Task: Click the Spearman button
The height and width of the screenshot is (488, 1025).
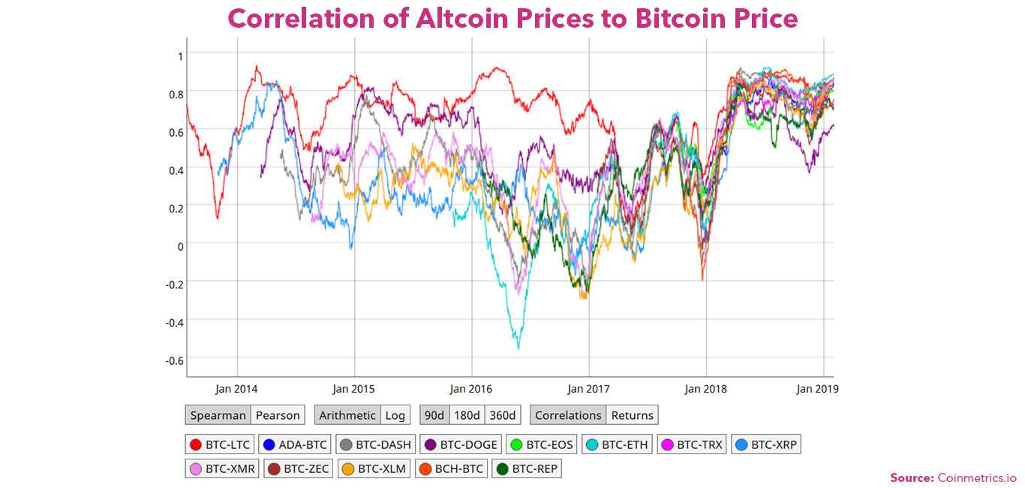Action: [x=218, y=415]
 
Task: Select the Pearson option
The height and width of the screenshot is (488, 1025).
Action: [x=278, y=415]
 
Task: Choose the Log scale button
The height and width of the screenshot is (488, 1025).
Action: [x=395, y=415]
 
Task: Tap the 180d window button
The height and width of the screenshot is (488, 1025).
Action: [x=467, y=415]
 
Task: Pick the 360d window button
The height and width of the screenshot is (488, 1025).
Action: [x=502, y=415]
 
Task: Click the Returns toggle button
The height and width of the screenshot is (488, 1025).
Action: [x=632, y=415]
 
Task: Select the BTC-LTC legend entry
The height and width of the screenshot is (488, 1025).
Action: [x=220, y=444]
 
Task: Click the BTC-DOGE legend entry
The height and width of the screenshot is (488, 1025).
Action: [x=460, y=444]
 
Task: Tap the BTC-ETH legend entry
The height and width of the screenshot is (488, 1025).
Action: [x=616, y=444]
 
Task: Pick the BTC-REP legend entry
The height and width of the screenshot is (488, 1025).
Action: [x=527, y=469]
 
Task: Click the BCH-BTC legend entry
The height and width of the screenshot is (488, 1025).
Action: [x=450, y=469]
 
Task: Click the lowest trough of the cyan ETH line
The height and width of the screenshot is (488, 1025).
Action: [x=518, y=348]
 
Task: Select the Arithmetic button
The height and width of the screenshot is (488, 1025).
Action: [x=347, y=415]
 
